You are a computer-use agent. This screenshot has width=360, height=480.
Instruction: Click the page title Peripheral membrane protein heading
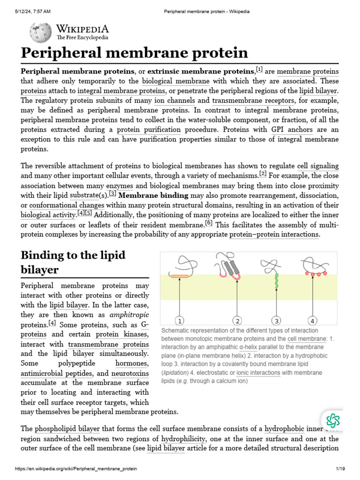[134, 52]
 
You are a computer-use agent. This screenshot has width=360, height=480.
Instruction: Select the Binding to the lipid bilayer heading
[73, 262]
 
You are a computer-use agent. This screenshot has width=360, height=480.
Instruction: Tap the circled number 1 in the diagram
[179, 321]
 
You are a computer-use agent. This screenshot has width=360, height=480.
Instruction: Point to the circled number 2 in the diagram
[238, 321]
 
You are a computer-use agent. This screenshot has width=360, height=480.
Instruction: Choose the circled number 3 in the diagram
[277, 321]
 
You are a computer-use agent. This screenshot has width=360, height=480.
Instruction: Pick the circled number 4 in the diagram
[312, 321]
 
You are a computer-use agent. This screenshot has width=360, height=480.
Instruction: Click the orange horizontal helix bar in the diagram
[180, 276]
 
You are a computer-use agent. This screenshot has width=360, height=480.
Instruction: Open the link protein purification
[149, 129]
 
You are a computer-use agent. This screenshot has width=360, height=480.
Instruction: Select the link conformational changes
[67, 205]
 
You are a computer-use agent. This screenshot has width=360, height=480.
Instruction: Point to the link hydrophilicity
[183, 438]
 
